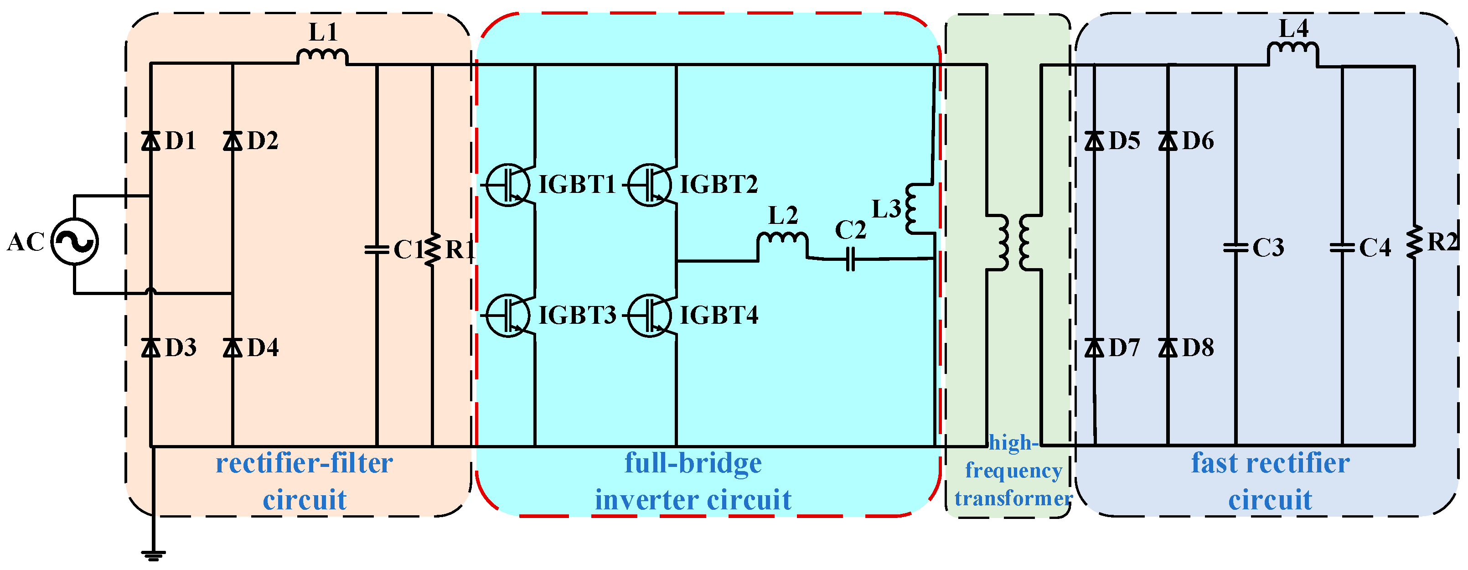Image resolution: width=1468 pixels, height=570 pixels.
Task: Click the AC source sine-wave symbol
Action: [75, 242]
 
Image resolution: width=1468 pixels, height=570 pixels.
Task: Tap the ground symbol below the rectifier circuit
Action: [153, 554]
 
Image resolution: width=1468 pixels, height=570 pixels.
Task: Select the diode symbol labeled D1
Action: [150, 140]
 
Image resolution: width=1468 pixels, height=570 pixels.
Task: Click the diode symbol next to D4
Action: [233, 347]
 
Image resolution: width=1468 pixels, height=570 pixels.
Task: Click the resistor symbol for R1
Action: [433, 249]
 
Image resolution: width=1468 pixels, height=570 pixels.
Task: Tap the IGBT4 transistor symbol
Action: [650, 315]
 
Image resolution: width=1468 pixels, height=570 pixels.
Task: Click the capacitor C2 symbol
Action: [850, 259]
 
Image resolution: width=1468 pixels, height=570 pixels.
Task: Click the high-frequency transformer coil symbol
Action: [1014, 242]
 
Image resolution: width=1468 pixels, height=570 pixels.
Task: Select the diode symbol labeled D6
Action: [1168, 140]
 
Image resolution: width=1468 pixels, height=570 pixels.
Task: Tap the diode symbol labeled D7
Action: [1094, 347]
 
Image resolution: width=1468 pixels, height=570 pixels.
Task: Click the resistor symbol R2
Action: [1414, 242]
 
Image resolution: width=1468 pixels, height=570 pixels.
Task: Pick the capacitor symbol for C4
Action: [1342, 248]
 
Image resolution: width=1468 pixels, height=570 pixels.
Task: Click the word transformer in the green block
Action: [1013, 499]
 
